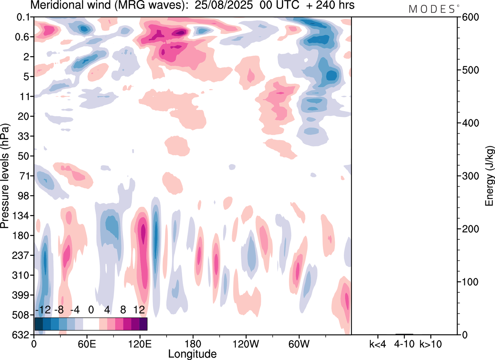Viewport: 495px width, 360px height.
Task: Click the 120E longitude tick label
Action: [140, 343]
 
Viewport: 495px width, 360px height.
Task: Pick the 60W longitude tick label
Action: [299, 343]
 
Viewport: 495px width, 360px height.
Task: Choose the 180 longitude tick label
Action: [193, 343]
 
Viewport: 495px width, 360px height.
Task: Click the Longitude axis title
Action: [192, 353]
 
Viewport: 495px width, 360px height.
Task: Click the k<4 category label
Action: [377, 343]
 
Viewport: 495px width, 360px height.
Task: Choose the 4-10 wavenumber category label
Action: [404, 343]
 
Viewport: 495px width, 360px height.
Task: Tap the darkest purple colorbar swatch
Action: [143, 324]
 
